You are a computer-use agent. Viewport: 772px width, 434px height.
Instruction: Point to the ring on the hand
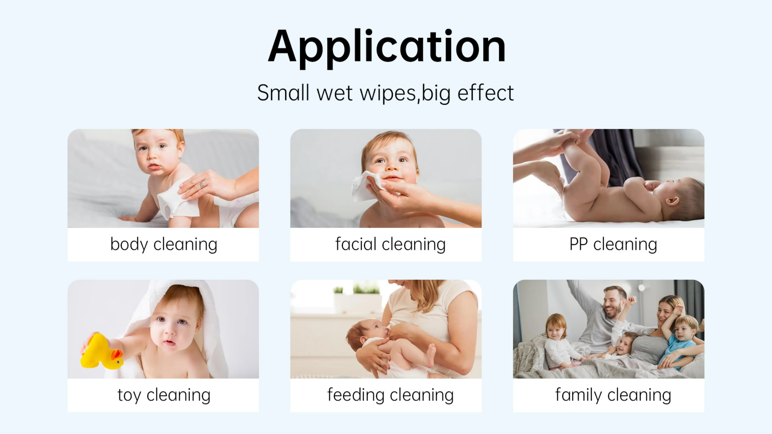[x=202, y=185]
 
